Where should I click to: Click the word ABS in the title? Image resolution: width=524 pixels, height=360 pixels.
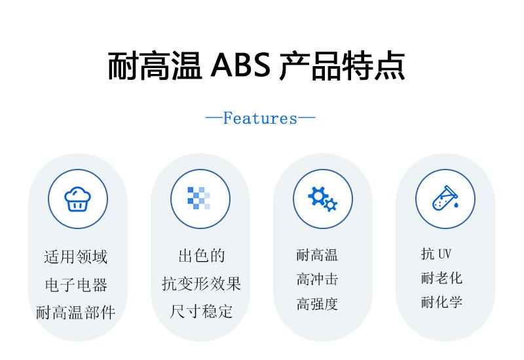coord(240,65)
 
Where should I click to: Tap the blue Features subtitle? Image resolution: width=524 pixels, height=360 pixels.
coord(260,118)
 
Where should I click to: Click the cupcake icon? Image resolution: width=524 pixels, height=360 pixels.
coord(77,199)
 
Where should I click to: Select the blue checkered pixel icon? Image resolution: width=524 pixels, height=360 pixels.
coord(199,198)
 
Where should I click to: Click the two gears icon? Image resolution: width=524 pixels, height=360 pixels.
coord(322,199)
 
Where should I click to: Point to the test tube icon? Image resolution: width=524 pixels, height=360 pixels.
coord(445,198)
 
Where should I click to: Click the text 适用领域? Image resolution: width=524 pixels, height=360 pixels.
coord(76,257)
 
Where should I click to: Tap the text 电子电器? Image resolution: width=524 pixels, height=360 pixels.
coord(76,285)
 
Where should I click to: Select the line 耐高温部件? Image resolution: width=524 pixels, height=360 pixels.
coord(75,313)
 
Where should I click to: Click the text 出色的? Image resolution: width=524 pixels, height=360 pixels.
coord(202,256)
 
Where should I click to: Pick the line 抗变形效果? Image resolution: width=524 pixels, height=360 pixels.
coord(202,284)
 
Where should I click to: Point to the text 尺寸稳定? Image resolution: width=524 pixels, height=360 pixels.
coord(201,312)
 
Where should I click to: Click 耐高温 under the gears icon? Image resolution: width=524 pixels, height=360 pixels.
coord(317,255)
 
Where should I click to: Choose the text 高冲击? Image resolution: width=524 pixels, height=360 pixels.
coord(317,279)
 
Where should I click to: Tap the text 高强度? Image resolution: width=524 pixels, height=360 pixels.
coord(317,304)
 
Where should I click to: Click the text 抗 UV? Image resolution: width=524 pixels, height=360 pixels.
coord(436,254)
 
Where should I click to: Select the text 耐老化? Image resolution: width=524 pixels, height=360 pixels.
coord(441,278)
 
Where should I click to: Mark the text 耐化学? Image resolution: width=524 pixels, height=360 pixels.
coord(441,302)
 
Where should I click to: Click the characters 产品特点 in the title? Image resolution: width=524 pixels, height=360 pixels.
coord(343,65)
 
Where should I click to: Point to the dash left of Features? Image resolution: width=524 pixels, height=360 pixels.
coord(214,117)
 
